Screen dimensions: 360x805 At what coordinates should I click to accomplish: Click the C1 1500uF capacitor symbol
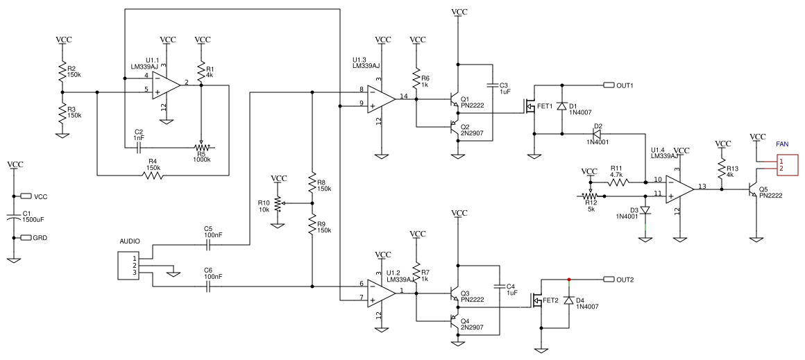tap(13, 218)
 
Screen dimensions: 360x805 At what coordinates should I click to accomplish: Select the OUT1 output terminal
tap(609, 85)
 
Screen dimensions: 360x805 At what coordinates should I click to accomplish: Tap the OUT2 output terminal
tap(609, 280)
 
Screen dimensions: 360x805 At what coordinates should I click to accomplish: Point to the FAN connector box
tap(786, 164)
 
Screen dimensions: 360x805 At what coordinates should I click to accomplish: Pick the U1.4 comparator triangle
tap(679, 188)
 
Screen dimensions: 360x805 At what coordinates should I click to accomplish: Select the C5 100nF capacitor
tap(212, 245)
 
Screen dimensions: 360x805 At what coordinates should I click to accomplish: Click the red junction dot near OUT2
tap(569, 280)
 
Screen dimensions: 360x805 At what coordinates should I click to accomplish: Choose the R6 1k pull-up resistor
tap(416, 76)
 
